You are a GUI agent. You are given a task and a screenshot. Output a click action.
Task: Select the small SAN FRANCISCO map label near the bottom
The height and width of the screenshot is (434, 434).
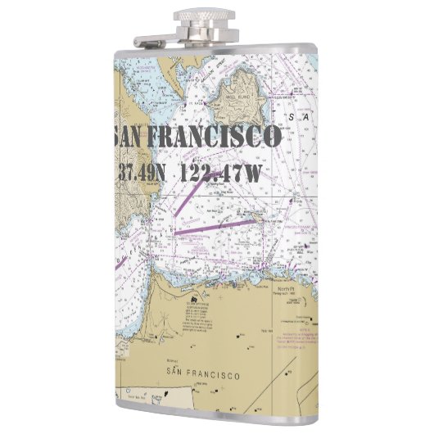point(202,375)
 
